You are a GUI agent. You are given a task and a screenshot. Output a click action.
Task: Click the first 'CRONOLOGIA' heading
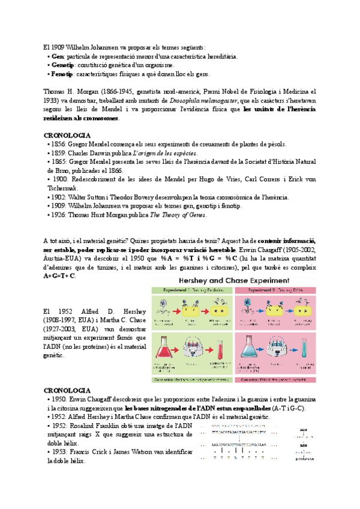pos(67,136)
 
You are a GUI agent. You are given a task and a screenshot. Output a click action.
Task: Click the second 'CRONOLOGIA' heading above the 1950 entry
pos(67,391)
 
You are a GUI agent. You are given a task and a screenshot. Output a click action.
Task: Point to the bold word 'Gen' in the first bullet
pos(58,56)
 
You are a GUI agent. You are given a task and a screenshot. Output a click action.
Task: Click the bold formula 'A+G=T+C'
pos(60,276)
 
